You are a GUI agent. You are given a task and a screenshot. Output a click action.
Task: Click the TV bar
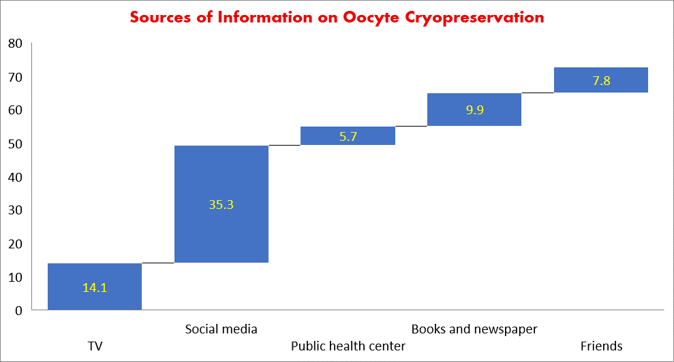point(95,299)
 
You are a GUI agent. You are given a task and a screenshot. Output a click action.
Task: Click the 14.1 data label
point(95,288)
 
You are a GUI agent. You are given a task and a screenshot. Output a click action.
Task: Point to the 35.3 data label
point(221,204)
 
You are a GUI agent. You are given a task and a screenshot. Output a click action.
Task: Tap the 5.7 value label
point(348,137)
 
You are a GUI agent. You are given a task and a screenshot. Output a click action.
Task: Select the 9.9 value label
point(474,109)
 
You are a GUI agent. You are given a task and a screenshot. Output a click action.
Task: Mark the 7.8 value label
point(601,81)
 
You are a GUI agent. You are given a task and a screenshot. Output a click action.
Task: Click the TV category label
point(95,346)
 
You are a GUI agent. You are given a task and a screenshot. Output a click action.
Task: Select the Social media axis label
point(221,329)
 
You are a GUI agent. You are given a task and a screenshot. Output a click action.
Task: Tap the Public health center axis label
point(348,346)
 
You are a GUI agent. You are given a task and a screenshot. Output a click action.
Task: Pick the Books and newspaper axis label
point(474,329)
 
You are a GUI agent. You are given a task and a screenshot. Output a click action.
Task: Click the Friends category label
point(601,346)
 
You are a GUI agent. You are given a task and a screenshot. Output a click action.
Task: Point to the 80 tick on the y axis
point(15,44)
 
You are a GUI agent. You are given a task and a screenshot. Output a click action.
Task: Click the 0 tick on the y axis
point(18,310)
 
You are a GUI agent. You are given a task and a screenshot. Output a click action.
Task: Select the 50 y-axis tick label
point(15,144)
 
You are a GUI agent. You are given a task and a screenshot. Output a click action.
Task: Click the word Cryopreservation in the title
point(477,18)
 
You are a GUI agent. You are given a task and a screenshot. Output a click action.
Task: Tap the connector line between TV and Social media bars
point(158,263)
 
